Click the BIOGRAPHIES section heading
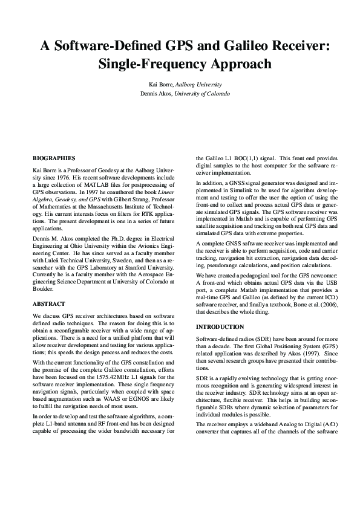pos(54,158)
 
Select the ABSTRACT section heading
pos(48,304)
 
